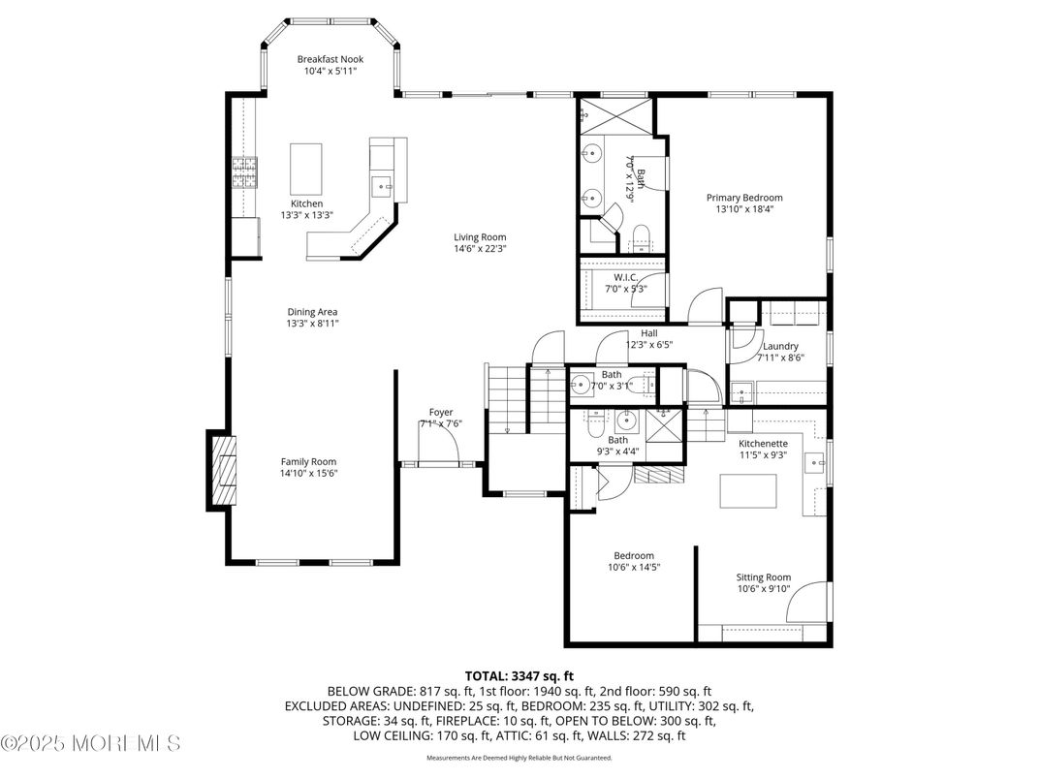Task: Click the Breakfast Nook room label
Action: (330, 59)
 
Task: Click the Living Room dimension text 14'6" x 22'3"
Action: (480, 249)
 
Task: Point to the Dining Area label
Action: (312, 312)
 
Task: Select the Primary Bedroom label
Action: (743, 198)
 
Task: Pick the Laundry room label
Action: (780, 346)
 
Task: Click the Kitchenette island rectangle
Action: (748, 491)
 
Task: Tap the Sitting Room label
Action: (763, 577)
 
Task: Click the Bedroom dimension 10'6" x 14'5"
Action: (633, 568)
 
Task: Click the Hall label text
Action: (648, 332)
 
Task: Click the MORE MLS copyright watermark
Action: (91, 744)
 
